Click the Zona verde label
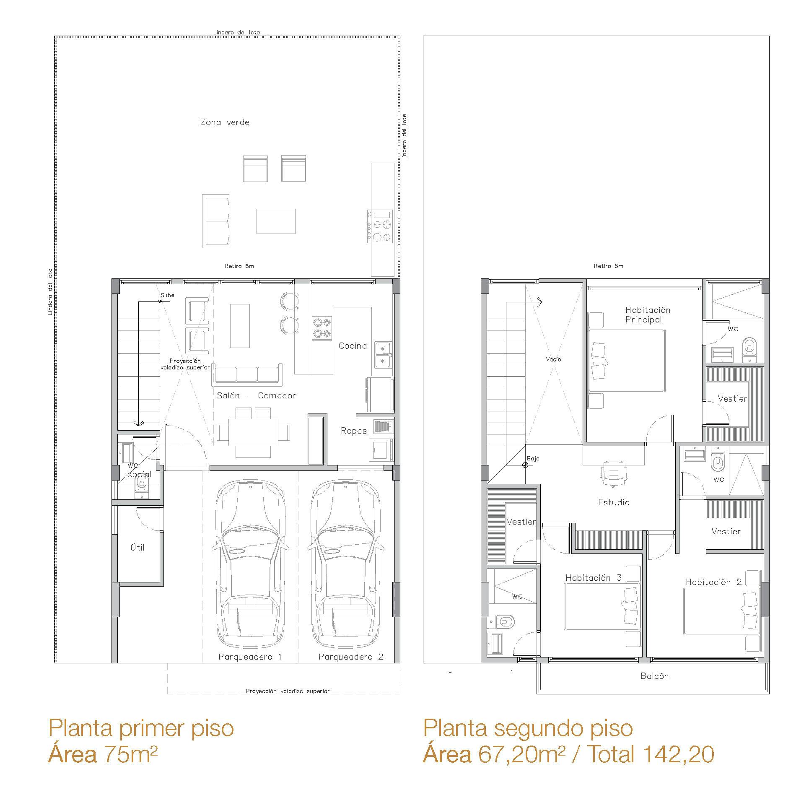coord(225,122)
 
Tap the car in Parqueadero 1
coord(251,565)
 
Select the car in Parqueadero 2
coord(346,565)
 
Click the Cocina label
coord(353,346)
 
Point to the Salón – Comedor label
coord(256,395)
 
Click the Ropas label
coord(354,431)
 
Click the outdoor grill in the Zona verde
coord(380,226)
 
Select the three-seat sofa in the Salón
coord(247,374)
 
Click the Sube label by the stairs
coord(167,295)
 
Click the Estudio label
coord(614,502)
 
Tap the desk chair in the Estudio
coord(614,473)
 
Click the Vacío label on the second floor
coord(553,359)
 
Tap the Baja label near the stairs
coord(533,459)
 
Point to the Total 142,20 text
coord(650,755)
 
